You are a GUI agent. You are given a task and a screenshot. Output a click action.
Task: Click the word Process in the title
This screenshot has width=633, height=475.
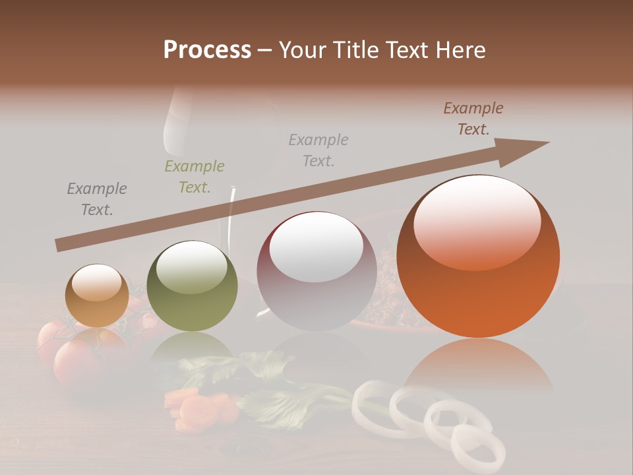tap(207, 50)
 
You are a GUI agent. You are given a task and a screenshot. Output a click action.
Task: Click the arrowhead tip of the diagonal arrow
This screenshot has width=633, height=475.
tap(547, 142)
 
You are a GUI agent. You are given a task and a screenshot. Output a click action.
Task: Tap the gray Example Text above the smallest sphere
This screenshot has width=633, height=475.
tap(96, 199)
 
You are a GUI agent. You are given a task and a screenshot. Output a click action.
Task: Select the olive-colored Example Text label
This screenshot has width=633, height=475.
tap(195, 177)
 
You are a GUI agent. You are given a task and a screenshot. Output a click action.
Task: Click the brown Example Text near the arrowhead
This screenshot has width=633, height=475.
tap(473, 119)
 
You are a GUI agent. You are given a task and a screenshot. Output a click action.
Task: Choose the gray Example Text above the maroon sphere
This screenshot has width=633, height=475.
tap(318, 150)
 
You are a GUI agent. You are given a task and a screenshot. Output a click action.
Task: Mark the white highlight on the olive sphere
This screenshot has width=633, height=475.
tap(192, 267)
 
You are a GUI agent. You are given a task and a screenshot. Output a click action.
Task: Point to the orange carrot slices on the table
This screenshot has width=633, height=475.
tap(198, 407)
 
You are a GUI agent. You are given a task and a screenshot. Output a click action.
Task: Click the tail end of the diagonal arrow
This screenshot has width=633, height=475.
tap(59, 245)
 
